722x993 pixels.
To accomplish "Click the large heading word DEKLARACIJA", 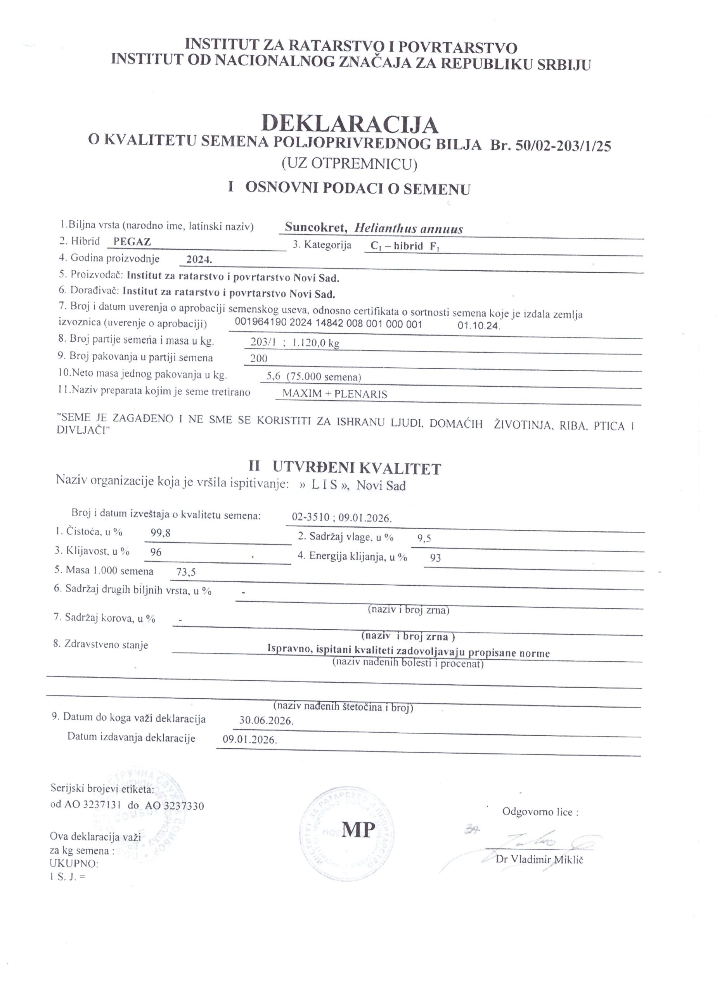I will coord(350,125).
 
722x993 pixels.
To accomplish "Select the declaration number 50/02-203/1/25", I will coord(563,146).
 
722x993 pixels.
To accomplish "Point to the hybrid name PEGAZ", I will coord(132,241).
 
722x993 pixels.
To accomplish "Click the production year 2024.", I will coord(199,259).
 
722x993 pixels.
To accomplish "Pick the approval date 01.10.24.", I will coord(479,325).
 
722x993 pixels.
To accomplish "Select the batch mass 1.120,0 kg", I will coord(316,343).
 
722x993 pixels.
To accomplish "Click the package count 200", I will coord(258,358).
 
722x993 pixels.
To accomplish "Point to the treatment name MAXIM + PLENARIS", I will coord(334,394).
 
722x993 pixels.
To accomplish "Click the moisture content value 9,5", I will coord(424,538).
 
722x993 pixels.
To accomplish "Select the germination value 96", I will coord(156,552).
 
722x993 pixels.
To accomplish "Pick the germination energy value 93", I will coord(435,558).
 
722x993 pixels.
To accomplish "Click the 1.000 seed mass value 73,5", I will coord(186,572).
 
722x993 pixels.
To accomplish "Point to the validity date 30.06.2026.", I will coord(266,721).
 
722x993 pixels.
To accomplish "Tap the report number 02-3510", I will coord(310,518).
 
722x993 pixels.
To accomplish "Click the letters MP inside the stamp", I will coord(358,829).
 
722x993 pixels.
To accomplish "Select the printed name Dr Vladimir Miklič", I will coord(539,860).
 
